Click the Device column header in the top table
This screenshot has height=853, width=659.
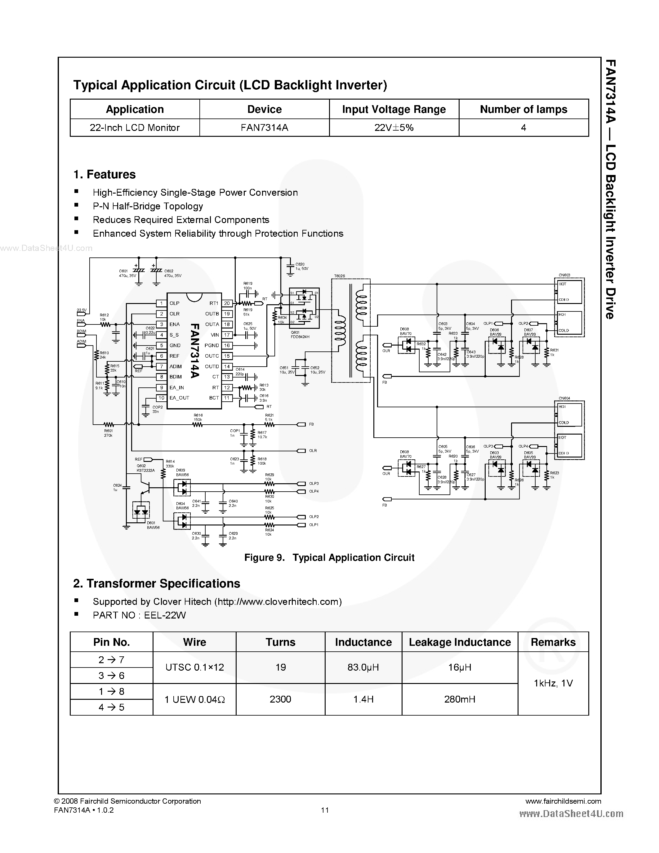(x=264, y=109)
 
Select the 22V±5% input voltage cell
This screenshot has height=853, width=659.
(x=394, y=128)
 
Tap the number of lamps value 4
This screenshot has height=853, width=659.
(x=523, y=128)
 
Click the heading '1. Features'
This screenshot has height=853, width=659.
(x=105, y=175)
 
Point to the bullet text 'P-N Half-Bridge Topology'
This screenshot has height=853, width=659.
(x=148, y=206)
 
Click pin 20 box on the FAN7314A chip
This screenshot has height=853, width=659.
(x=227, y=303)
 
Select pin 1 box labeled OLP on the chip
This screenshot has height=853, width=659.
(x=161, y=303)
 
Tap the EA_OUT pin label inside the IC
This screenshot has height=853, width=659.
(x=179, y=398)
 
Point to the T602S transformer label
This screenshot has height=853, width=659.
(x=339, y=276)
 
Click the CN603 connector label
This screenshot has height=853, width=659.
(x=564, y=275)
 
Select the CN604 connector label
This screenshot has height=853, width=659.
(x=564, y=398)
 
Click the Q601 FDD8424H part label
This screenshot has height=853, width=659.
(x=300, y=334)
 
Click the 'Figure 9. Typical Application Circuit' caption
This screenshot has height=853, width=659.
(x=329, y=558)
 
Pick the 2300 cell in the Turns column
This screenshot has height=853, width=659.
(x=280, y=699)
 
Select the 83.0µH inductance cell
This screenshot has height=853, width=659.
(x=363, y=668)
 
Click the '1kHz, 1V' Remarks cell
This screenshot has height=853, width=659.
(x=553, y=683)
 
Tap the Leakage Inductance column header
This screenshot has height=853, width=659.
(x=460, y=642)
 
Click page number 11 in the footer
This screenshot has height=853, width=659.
(x=325, y=810)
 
